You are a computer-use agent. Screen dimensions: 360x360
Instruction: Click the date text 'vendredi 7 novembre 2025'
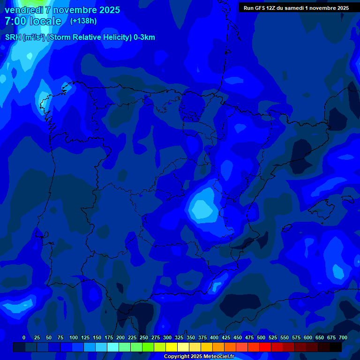[62, 10]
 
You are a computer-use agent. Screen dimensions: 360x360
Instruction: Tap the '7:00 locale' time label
[33, 21]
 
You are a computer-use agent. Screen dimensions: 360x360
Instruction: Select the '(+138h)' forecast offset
[83, 21]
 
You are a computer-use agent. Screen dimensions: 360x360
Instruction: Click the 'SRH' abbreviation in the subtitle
[13, 37]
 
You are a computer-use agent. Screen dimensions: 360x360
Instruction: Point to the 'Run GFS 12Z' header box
[296, 7]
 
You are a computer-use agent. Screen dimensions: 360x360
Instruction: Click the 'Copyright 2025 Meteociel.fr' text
[199, 357]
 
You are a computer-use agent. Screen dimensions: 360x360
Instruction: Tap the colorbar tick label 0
[24, 337]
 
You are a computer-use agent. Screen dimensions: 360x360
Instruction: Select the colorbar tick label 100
[74, 337]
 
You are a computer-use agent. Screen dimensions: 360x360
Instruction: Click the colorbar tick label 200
[120, 337]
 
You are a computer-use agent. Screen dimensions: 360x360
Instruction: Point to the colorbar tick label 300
[167, 337]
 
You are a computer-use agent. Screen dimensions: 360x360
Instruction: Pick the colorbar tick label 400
[214, 337]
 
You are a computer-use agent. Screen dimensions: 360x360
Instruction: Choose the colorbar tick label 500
[261, 337]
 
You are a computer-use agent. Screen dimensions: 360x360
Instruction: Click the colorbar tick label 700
[343, 337]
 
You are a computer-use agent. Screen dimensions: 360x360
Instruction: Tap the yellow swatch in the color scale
[172, 347]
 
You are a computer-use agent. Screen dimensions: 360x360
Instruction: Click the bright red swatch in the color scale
[265, 347]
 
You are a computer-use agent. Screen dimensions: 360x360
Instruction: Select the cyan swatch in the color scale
[113, 347]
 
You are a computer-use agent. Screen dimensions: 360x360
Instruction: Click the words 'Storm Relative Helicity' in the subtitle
[94, 37]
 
